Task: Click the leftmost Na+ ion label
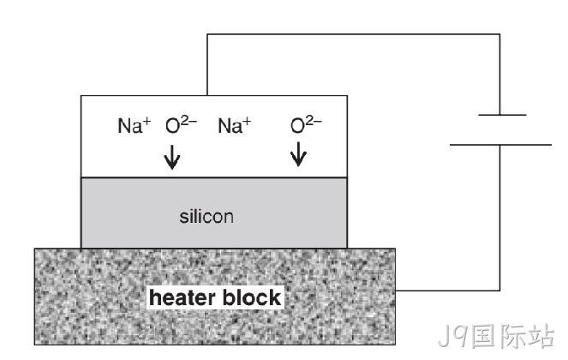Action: coord(135,125)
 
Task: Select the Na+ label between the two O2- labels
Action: coord(235,125)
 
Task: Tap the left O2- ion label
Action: coord(181,124)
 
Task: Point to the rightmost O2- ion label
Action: coord(306,124)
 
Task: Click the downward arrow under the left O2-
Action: coord(172,158)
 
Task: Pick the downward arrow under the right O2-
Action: coord(298,154)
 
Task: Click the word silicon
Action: coord(206,217)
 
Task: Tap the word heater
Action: coord(182,297)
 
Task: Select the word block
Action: coord(252,297)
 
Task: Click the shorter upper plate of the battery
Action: coord(502,115)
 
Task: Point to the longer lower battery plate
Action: coord(500,145)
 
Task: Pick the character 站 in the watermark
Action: coord(541,336)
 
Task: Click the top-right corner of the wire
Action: coord(500,34)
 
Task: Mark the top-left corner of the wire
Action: coord(207,34)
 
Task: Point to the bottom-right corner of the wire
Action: coord(500,291)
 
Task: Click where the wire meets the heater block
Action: coord(396,291)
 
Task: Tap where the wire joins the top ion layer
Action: coord(207,95)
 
